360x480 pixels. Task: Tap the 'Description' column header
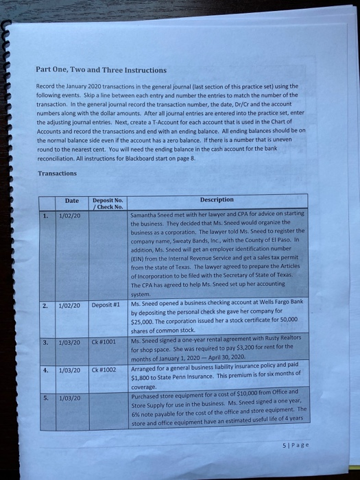coord(216,200)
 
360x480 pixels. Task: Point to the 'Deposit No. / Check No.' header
coord(108,203)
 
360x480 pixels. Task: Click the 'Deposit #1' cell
coord(107,304)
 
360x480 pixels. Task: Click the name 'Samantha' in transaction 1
coord(145,215)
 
